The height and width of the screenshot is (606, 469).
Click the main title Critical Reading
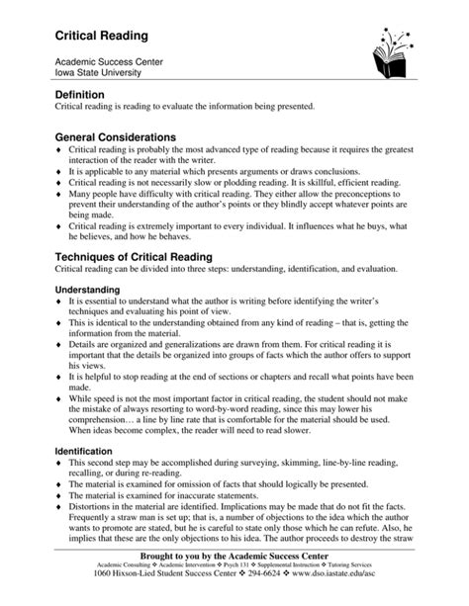pyautogui.click(x=101, y=36)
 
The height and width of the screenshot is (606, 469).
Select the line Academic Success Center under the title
pyautogui.click(x=109, y=61)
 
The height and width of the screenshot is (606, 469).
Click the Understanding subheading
pyautogui.click(x=86, y=290)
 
